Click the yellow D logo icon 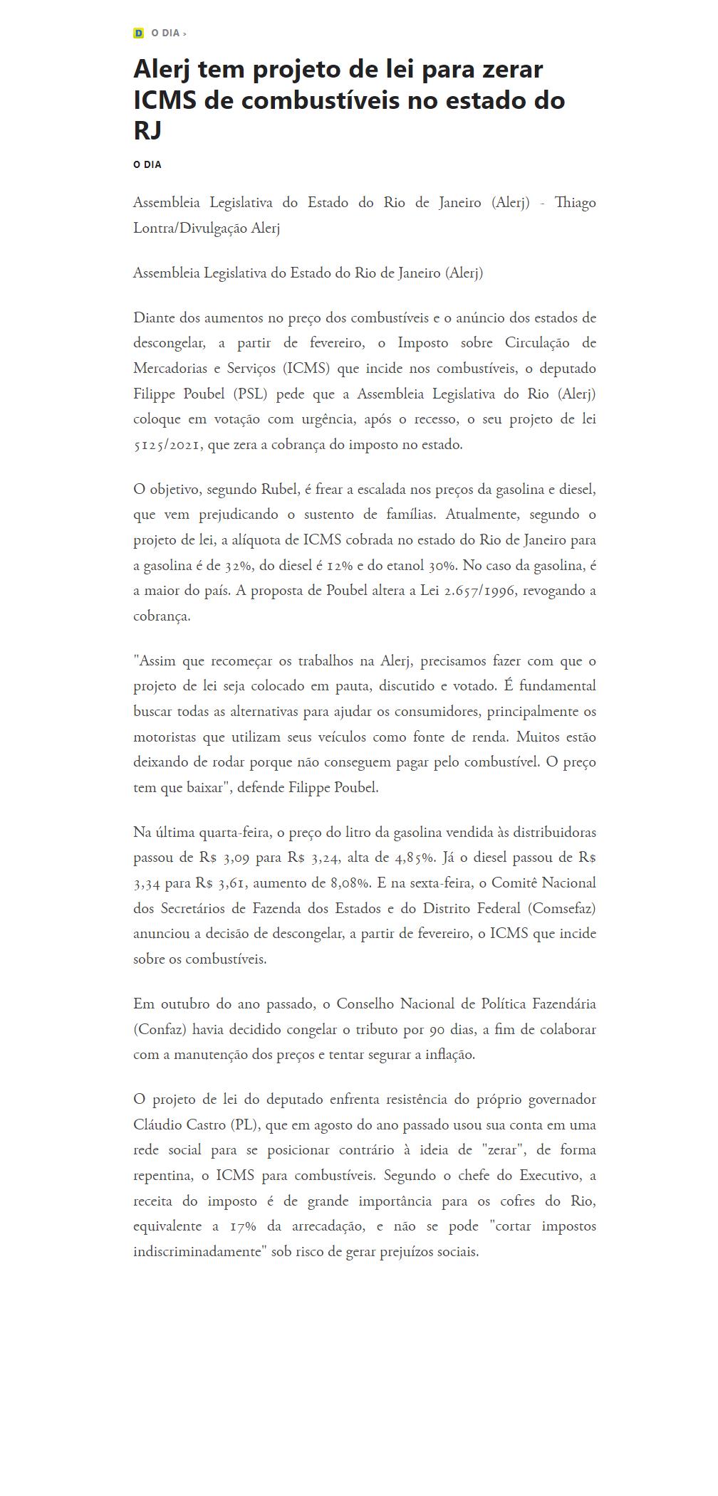point(138,33)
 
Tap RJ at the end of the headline point(147,130)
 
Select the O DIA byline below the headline point(147,164)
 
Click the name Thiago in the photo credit point(575,203)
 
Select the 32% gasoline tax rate point(236,565)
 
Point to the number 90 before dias point(438,1029)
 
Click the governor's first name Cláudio point(157,1125)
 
